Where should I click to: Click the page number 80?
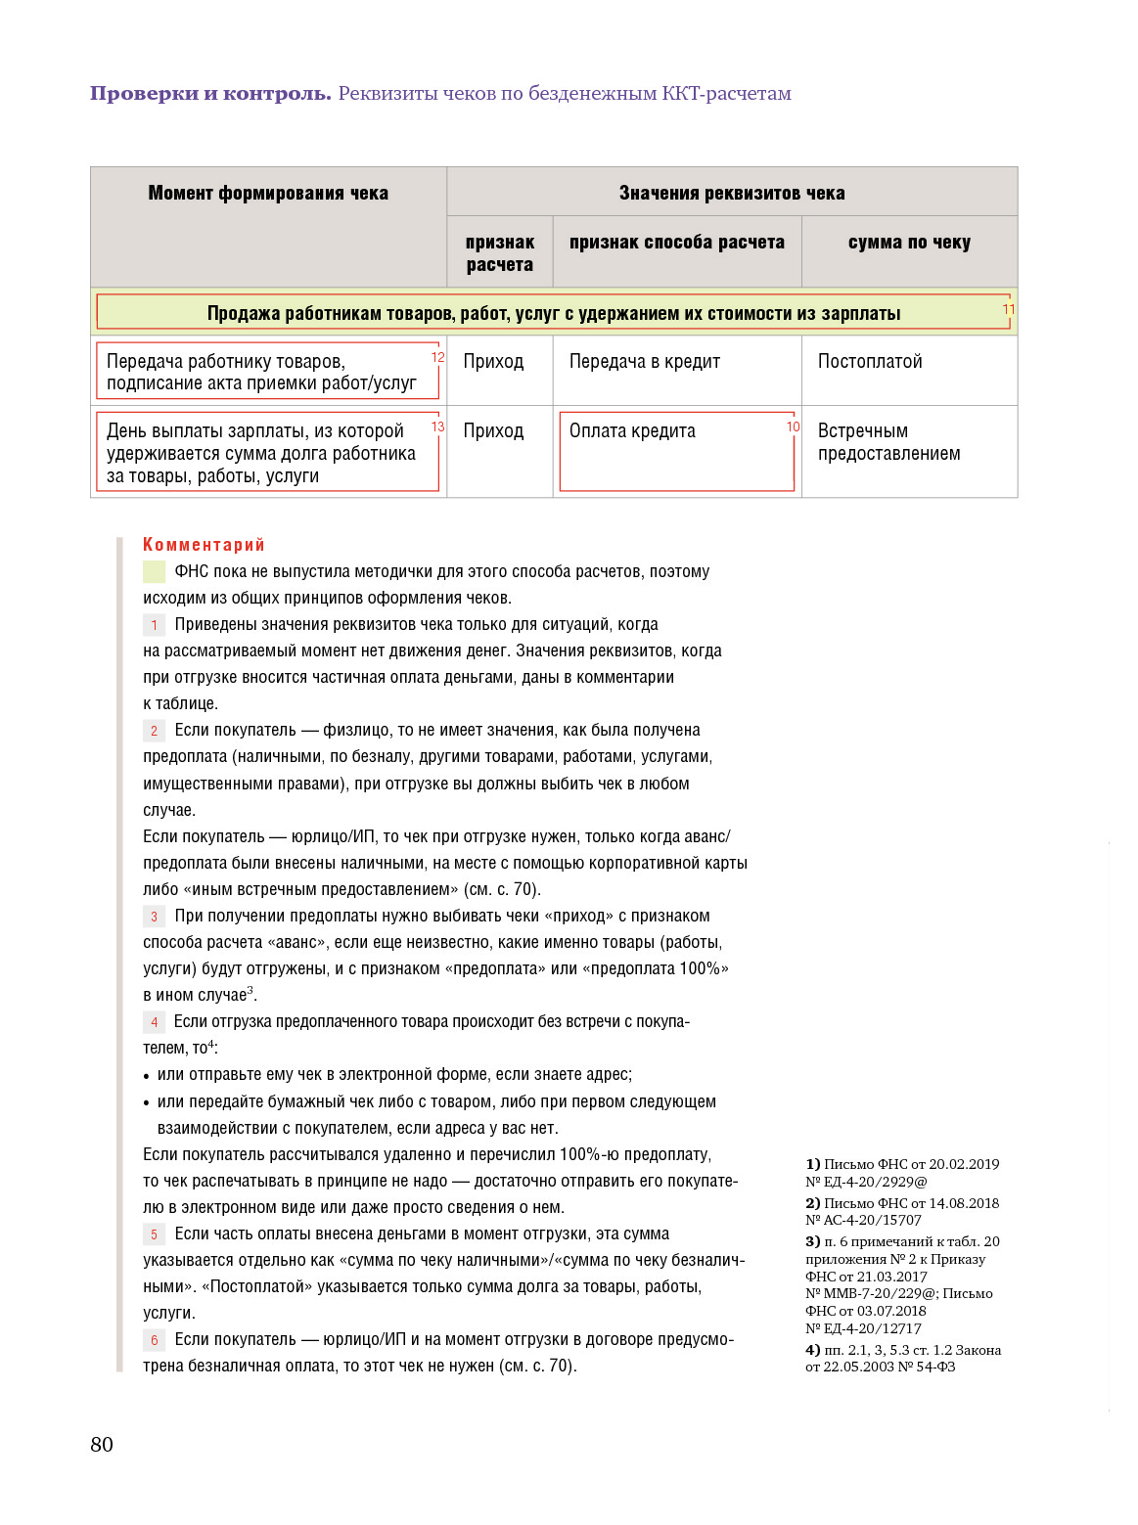tap(102, 1445)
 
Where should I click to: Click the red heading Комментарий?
tap(204, 545)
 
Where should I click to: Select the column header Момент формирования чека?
tap(268, 193)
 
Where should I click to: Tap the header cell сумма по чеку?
tap(909, 242)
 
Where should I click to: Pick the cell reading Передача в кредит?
tap(645, 361)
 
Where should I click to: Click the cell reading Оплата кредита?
tap(632, 430)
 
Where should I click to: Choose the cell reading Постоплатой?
tap(870, 361)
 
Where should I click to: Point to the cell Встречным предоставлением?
tap(888, 442)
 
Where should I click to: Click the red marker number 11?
tap(1008, 309)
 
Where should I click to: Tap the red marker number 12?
tap(437, 357)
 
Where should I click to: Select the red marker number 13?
tap(437, 426)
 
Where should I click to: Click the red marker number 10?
tap(793, 426)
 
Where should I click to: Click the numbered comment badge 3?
tap(154, 917)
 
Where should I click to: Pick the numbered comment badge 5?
tap(154, 1234)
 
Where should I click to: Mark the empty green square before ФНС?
tap(154, 571)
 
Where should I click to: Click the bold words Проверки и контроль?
tap(210, 93)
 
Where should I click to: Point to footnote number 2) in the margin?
tap(812, 1203)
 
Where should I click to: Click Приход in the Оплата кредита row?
tap(493, 430)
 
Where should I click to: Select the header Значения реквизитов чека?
tap(732, 193)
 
